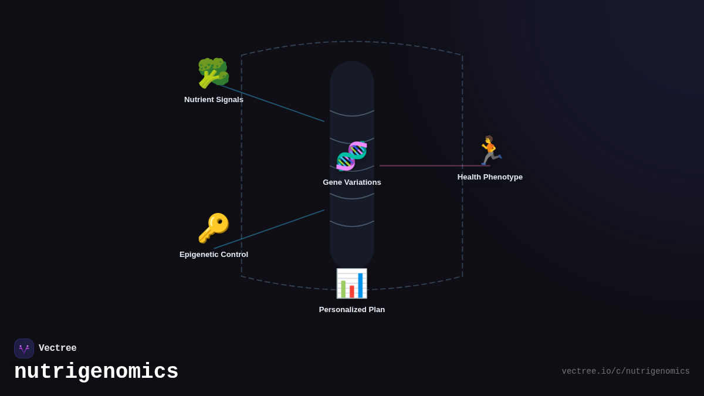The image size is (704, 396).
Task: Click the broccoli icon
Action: [x=213, y=73]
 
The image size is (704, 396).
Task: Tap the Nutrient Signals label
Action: [x=214, y=100]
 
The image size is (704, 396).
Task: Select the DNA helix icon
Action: [x=351, y=156]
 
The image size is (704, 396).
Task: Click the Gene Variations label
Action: [x=352, y=182]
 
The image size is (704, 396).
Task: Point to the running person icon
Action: [x=489, y=151]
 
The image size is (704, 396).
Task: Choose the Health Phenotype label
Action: [x=490, y=177]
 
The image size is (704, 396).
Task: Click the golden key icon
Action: [x=214, y=228]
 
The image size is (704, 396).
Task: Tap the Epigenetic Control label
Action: [x=214, y=255]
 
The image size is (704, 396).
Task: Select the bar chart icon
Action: [x=351, y=283]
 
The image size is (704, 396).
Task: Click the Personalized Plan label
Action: [x=352, y=310]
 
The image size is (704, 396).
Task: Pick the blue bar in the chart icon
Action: [x=360, y=286]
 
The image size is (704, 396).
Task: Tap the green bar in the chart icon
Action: [x=343, y=289]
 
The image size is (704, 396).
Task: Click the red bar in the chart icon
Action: [x=352, y=292]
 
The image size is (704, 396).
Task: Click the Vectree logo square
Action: [x=24, y=348]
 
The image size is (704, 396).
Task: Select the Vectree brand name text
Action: [x=57, y=348]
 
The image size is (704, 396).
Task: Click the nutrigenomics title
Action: [x=96, y=372]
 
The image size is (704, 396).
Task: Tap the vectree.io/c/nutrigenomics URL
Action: [x=625, y=371]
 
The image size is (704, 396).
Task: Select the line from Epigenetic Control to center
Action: [x=270, y=229]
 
